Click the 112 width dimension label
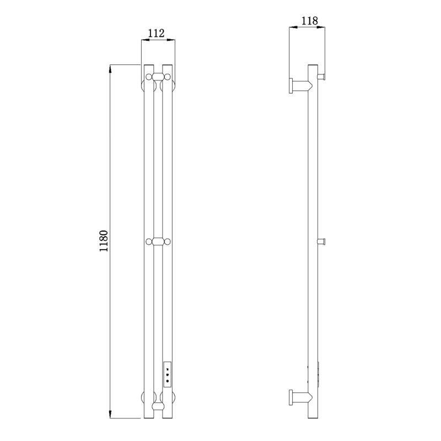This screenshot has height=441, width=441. coord(156,34)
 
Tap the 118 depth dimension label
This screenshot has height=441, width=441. coord(310,21)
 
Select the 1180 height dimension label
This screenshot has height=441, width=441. coord(104,241)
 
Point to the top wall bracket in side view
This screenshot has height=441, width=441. coord(300,85)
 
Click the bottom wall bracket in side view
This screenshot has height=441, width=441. coord(300,397)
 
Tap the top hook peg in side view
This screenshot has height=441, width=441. coord(321,76)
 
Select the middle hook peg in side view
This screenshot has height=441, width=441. coord(321,241)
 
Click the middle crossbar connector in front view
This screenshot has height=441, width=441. coord(158,241)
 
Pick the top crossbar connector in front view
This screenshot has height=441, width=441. coord(158,77)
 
